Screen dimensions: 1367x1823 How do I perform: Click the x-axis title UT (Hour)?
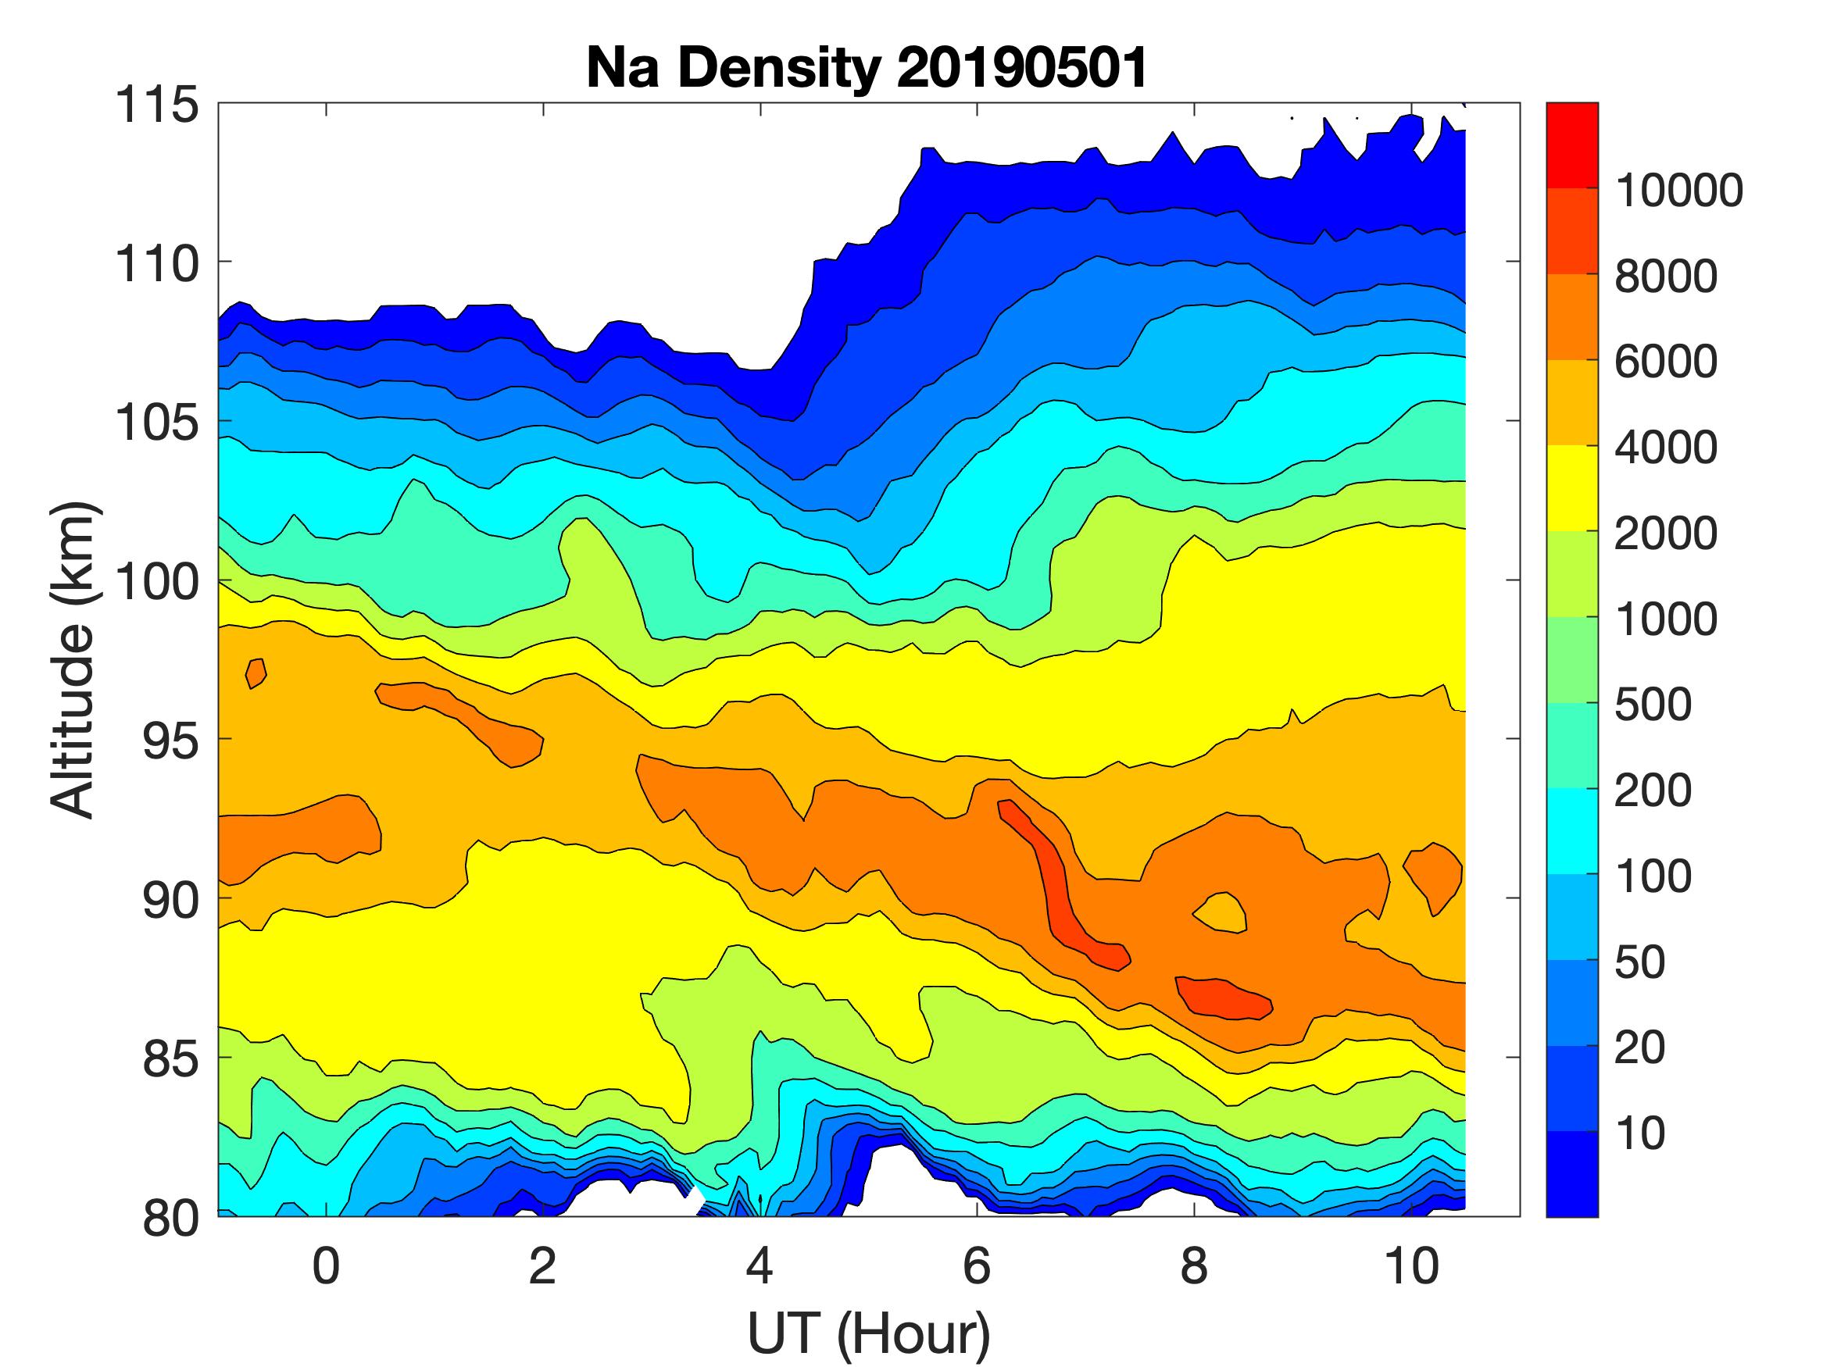point(868,1333)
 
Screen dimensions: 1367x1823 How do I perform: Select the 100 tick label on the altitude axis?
point(157,582)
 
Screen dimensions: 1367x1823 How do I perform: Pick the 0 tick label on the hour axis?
point(327,1266)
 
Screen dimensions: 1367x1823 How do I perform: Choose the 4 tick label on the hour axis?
point(760,1266)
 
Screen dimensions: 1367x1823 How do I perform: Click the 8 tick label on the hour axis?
point(1194,1266)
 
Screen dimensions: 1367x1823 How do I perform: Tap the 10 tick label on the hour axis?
point(1411,1266)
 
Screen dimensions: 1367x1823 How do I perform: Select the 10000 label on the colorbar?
point(1678,191)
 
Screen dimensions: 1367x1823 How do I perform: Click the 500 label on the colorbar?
point(1653,705)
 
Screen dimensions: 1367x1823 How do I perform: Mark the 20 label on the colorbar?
point(1639,1048)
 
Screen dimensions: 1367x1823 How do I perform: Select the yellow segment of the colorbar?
point(1571,489)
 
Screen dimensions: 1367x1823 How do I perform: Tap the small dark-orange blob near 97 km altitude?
point(256,673)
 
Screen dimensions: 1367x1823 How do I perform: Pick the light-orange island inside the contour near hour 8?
point(1221,913)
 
